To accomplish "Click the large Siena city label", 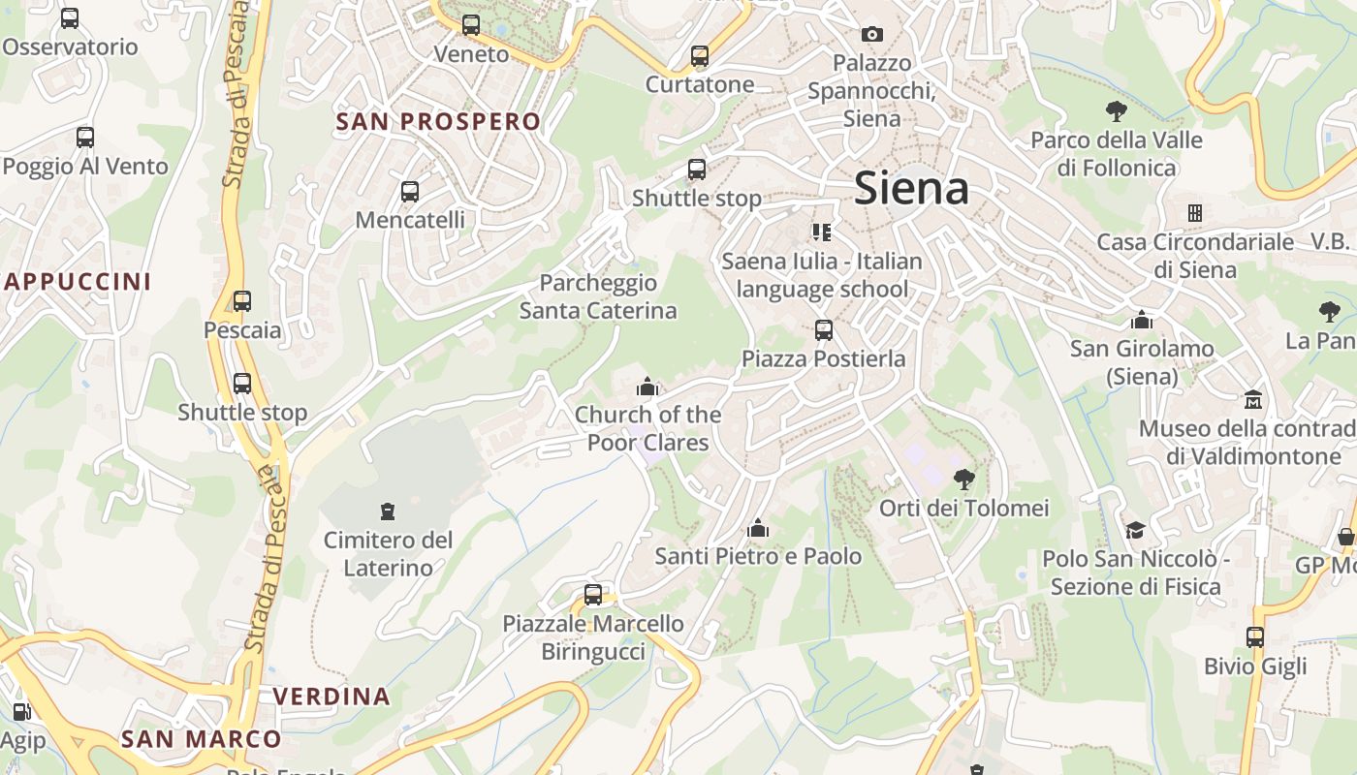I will [911, 188].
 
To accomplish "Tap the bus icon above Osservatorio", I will [70, 17].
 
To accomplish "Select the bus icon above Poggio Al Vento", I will [85, 138].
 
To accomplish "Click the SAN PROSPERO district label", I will [438, 121].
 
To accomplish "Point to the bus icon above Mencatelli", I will [410, 191].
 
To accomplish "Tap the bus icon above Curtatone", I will [700, 56].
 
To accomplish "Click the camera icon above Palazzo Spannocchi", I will [872, 35].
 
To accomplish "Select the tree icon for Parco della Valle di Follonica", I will [1116, 110].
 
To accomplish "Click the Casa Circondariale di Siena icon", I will [1195, 212].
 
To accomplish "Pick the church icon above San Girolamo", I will [1142, 320].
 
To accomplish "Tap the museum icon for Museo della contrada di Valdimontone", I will [1253, 399].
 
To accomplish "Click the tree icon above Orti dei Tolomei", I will [963, 479].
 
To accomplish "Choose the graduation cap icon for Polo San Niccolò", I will [1135, 530].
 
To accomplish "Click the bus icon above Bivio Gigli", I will [1255, 637].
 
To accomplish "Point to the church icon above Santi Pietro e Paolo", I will [758, 528].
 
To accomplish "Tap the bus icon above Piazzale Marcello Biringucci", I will [593, 595].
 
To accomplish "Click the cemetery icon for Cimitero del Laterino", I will [388, 511].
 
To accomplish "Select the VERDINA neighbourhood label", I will [331, 696].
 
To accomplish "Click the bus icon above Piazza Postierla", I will [824, 330].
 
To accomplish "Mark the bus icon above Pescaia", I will [242, 301].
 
